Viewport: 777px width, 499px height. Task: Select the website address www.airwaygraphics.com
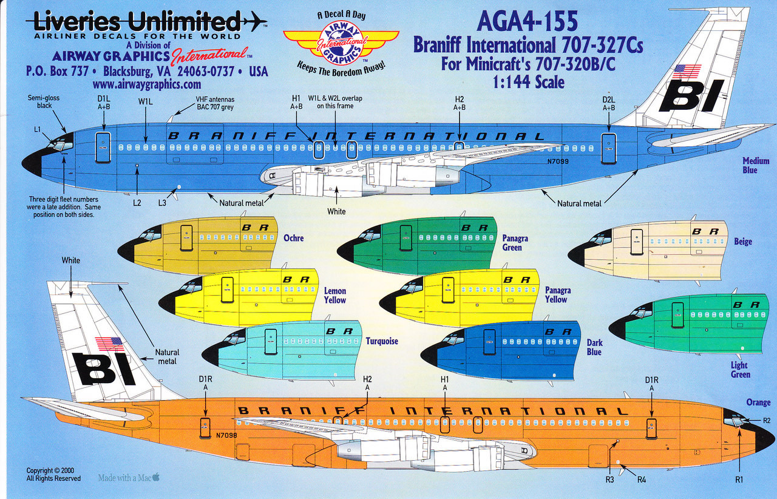click(x=147, y=84)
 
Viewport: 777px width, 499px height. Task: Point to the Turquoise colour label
click(x=382, y=341)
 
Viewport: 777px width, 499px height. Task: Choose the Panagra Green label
click(x=515, y=243)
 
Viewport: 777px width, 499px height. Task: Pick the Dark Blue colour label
click(x=594, y=347)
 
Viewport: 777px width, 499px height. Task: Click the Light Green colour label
click(x=740, y=370)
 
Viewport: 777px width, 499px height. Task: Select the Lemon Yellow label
click(x=334, y=295)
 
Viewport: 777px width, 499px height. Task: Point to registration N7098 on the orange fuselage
click(x=226, y=435)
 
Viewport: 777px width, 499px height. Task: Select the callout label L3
click(x=162, y=203)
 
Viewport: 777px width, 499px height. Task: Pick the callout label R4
click(x=641, y=480)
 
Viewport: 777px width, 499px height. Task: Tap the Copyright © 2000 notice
click(x=51, y=470)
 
